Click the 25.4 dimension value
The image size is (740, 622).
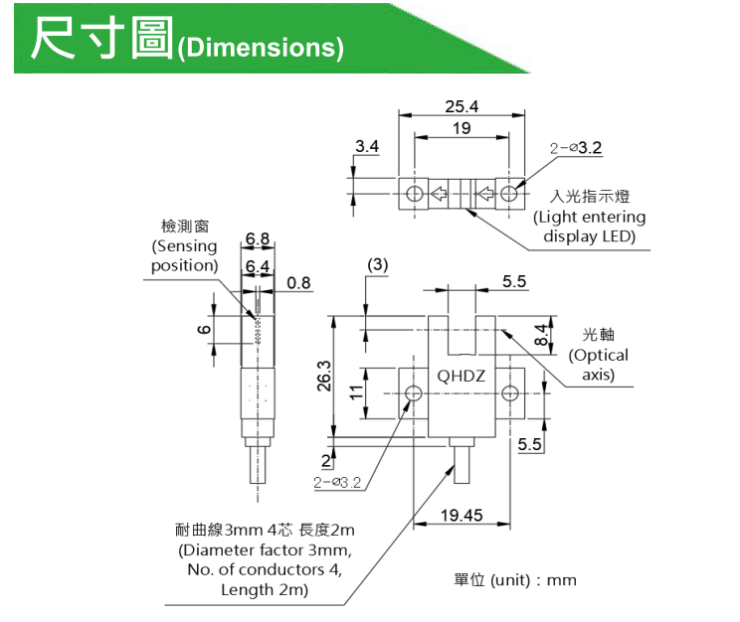tap(462, 106)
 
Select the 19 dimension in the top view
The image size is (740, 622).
tap(462, 129)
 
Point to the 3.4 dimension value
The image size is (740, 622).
tap(367, 146)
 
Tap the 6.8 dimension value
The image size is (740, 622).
tap(258, 238)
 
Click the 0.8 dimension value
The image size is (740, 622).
tap(298, 283)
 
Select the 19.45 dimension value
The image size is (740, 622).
tap(462, 515)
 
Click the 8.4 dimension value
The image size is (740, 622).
tap(542, 335)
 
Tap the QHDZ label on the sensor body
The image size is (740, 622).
tap(462, 377)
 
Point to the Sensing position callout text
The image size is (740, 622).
tap(184, 255)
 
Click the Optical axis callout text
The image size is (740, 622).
tap(599, 365)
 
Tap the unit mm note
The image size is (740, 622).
tap(515, 580)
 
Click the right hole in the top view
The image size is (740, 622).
tap(509, 193)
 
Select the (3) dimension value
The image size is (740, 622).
tap(377, 265)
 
